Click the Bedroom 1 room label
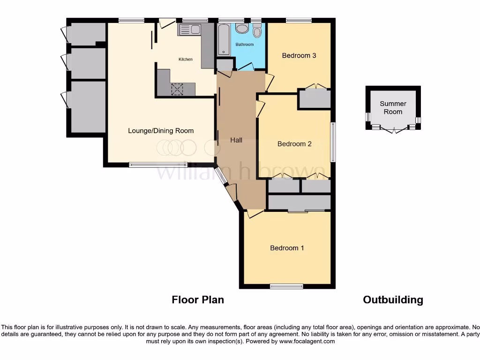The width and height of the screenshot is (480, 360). (287, 248)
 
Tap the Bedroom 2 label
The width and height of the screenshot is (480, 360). (294, 144)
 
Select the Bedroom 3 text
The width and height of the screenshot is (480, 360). (299, 55)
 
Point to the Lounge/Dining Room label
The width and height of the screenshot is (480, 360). (161, 131)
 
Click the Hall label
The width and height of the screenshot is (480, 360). (236, 140)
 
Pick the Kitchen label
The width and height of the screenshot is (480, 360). (186, 60)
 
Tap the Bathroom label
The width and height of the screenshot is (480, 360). (244, 45)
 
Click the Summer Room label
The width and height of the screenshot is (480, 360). (393, 107)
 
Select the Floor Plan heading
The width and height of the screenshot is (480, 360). (198, 300)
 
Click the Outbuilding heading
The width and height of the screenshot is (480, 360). (393, 300)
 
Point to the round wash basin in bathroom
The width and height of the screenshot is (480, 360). (242, 29)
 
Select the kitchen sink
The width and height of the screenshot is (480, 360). (189, 30)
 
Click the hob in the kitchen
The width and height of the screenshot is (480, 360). (178, 89)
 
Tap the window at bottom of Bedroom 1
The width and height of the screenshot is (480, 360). (286, 286)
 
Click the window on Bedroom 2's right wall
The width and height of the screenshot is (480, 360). (333, 142)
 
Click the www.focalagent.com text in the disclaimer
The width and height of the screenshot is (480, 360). (307, 342)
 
